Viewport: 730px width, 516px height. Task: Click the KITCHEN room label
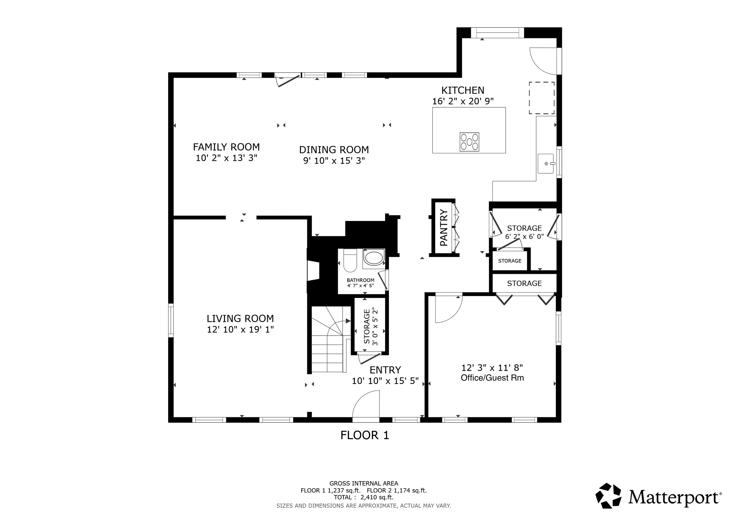coord(463,90)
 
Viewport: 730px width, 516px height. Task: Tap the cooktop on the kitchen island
coord(469,142)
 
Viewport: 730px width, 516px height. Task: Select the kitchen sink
coord(545,163)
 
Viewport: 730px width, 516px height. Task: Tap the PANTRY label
coord(444,227)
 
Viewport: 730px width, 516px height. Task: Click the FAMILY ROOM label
coord(226,147)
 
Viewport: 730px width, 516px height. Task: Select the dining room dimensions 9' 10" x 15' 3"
coord(334,161)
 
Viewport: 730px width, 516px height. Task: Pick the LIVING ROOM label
coord(240,319)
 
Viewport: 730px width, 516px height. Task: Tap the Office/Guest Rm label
coord(492,378)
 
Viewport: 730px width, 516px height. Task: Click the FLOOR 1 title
coord(365,435)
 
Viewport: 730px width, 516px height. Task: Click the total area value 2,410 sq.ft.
coord(377,498)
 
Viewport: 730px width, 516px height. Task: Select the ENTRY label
coord(385,370)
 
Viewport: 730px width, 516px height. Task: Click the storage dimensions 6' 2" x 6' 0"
coord(524,237)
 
